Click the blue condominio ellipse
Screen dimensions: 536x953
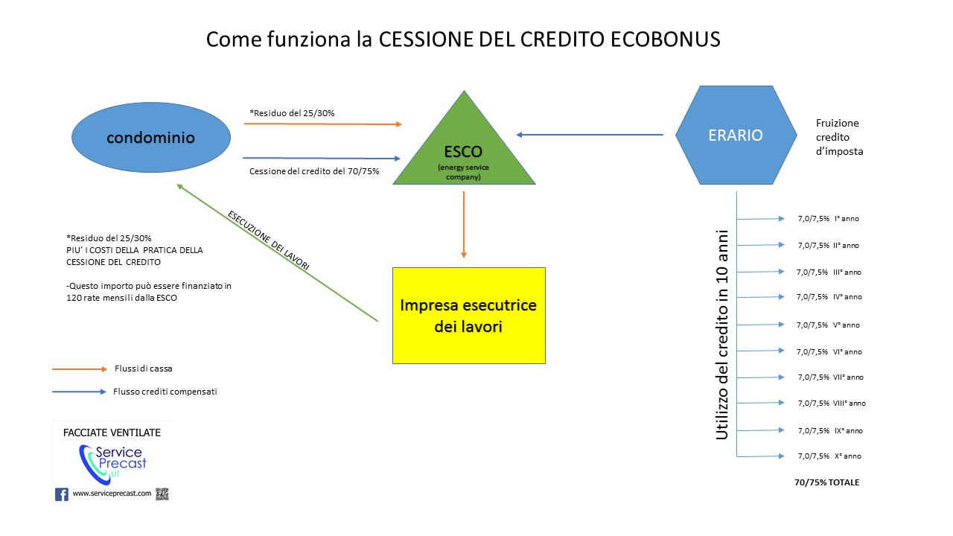click(150, 138)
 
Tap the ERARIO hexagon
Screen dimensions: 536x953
click(736, 135)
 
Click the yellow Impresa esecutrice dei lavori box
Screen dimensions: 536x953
click(469, 315)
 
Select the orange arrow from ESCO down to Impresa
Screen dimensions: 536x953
click(464, 224)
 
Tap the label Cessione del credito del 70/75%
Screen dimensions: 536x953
click(314, 171)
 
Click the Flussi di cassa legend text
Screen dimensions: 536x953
click(144, 368)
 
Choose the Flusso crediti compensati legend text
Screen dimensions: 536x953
click(165, 392)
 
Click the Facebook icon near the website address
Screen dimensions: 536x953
click(62, 494)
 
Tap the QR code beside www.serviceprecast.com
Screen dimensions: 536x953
click(162, 494)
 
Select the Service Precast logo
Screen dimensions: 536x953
click(112, 462)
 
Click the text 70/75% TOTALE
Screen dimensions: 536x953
click(826, 482)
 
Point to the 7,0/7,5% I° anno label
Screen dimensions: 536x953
click(828, 219)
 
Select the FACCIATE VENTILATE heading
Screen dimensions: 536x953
click(112, 433)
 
